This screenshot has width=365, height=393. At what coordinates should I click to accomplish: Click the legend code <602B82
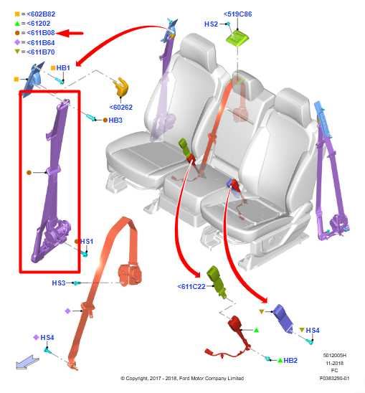[41, 14]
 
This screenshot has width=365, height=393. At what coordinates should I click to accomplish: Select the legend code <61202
[38, 24]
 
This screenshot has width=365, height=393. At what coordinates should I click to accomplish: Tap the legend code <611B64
[41, 43]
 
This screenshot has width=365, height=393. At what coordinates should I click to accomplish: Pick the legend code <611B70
[41, 52]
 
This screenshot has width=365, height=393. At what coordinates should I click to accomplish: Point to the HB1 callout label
[63, 68]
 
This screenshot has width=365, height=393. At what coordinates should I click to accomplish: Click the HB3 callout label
[115, 120]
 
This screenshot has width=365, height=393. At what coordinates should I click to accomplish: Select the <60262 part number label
[121, 108]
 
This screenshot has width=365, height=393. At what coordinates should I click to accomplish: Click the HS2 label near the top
[211, 24]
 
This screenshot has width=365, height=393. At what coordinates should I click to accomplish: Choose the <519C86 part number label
[237, 14]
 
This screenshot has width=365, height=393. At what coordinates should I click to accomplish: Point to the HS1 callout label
[87, 242]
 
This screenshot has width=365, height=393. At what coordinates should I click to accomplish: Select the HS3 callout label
[59, 283]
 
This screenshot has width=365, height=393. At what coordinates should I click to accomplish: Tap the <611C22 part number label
[191, 286]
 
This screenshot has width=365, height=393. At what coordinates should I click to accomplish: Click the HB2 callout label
[290, 361]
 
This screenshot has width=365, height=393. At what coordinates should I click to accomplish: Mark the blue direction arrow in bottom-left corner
[27, 362]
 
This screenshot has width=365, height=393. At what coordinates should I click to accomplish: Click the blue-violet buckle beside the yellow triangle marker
[283, 318]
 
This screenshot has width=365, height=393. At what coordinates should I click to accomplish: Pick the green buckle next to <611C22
[217, 282]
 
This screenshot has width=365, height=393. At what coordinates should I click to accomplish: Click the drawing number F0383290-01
[334, 378]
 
